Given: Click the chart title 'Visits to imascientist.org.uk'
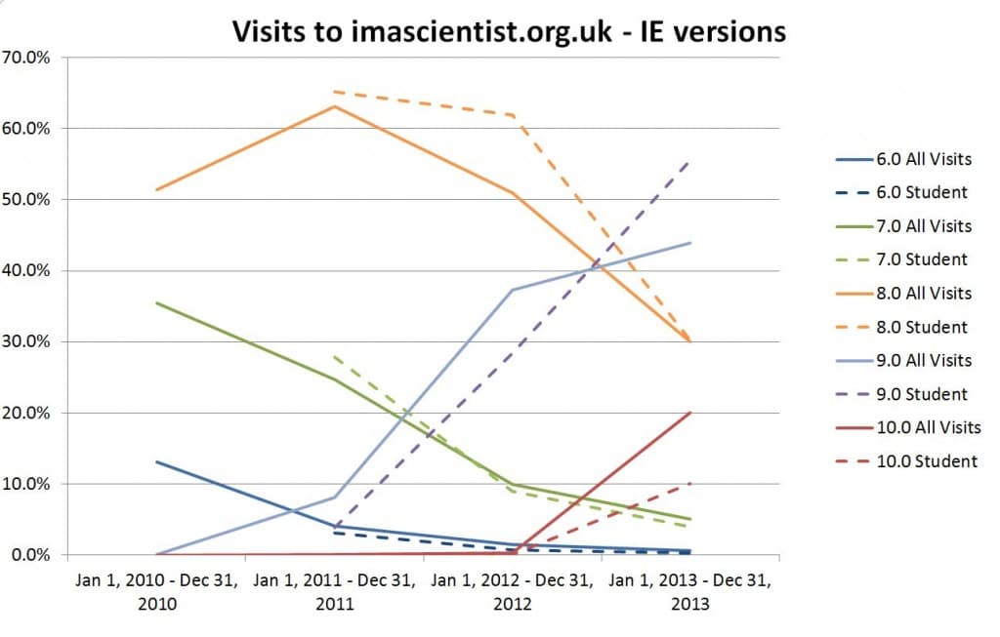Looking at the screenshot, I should coord(508,31).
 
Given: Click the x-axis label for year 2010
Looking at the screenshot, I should coord(157,591).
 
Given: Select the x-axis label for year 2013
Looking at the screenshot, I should coord(690,591).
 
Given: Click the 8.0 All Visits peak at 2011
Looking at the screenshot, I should coord(335,106).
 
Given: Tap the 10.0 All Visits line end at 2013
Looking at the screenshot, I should coord(690,413).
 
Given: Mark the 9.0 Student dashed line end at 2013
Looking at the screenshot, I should coord(690,162).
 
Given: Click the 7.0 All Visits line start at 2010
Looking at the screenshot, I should coord(157,303).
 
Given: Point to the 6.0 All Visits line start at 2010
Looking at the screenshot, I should coord(157,461).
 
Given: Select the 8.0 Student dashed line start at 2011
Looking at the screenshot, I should coord(335,92).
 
